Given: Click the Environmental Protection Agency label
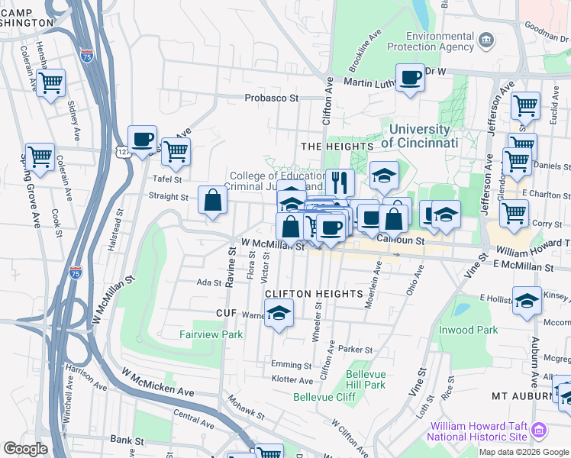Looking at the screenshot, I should point(440,41).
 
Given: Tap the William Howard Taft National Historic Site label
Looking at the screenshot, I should point(478,431).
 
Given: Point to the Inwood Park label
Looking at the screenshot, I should point(469,330).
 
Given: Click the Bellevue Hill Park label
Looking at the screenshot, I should point(366,379).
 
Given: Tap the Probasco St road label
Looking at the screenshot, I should point(271,98).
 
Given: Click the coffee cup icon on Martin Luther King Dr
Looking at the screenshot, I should point(411,78).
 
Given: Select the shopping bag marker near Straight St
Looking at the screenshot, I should point(212,202).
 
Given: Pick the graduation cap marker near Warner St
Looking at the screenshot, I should point(279,313).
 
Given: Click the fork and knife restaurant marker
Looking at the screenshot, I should point(340,182).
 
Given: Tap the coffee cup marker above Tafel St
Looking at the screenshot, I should point(142,140).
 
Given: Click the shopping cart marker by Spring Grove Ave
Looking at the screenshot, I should point(40,156).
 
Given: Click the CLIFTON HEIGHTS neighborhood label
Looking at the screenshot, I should point(313,294).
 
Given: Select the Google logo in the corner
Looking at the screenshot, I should point(25,449).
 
